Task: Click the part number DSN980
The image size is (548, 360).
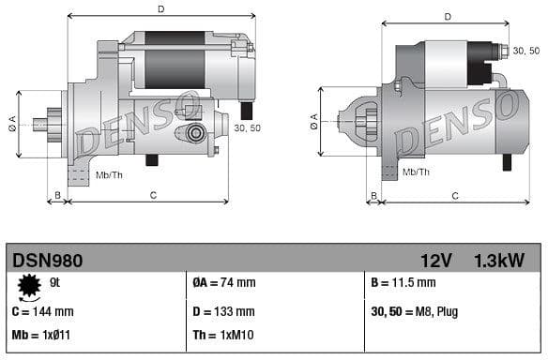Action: [x=47, y=260]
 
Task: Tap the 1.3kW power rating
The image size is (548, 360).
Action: [x=499, y=260]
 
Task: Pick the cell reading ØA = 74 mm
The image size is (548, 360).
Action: [x=224, y=282]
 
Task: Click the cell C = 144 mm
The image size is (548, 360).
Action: [x=42, y=311]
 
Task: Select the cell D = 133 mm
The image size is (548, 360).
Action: [x=223, y=311]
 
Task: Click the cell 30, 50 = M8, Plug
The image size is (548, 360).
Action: [x=415, y=311]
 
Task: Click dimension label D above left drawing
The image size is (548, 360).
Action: [x=160, y=9]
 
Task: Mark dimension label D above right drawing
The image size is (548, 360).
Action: [x=447, y=16]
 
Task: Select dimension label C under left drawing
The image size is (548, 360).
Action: [x=152, y=195]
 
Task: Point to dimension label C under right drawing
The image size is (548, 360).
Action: [x=454, y=195]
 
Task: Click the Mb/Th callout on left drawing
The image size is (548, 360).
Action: [x=109, y=174]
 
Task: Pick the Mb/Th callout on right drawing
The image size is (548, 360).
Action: [x=416, y=172]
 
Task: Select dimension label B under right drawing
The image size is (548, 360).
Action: [x=373, y=195]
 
